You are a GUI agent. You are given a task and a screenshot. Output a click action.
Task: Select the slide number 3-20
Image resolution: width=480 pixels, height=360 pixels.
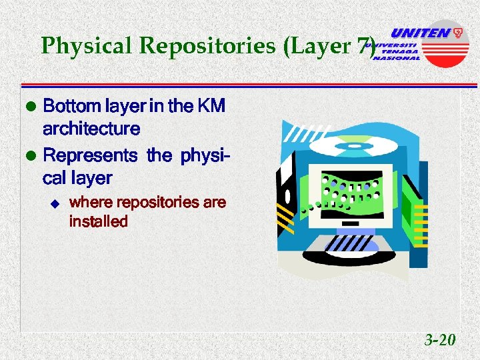pos(440,341)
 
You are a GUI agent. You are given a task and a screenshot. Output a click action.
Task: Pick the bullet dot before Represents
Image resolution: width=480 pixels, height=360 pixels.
pos(29,156)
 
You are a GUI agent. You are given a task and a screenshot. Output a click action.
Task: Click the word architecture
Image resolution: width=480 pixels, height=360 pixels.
pos(91,128)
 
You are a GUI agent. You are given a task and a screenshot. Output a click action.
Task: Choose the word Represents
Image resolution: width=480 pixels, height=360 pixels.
pos(89,156)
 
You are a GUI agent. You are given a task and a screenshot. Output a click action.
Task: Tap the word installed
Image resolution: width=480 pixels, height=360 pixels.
pos(98,221)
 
